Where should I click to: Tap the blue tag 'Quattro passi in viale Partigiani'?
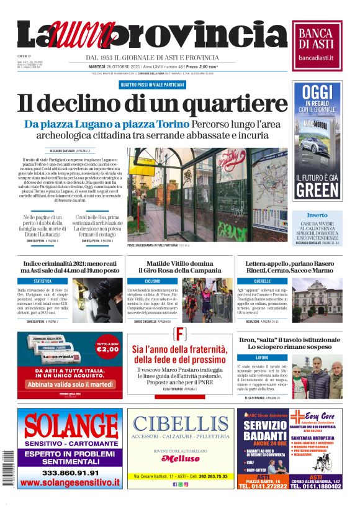pyautogui.click(x=152, y=84)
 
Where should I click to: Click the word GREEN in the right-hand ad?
pyautogui.click(x=318, y=190)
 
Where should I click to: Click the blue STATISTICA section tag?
pyautogui.click(x=43, y=281)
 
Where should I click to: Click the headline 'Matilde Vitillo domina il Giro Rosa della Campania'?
pyautogui.click(x=179, y=267)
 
